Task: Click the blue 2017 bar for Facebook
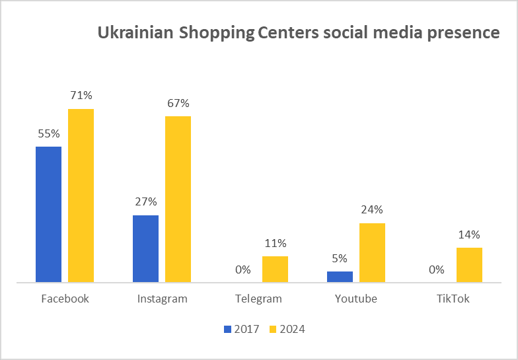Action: pyautogui.click(x=48, y=214)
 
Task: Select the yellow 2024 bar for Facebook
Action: pyautogui.click(x=81, y=196)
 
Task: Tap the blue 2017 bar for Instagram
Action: pyautogui.click(x=145, y=248)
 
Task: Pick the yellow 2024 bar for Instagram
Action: pyautogui.click(x=178, y=199)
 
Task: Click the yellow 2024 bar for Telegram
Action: pyautogui.click(x=275, y=269)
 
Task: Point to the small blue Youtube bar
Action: pyautogui.click(x=340, y=276)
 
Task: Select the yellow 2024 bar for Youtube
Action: pyautogui.click(x=372, y=252)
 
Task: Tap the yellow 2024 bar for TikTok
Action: pyautogui.click(x=469, y=265)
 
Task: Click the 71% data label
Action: pyautogui.click(x=81, y=96)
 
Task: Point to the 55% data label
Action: pyautogui.click(x=49, y=133)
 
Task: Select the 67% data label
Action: pyautogui.click(x=178, y=103)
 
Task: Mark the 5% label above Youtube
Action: pyautogui.click(x=340, y=258)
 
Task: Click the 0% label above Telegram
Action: pyautogui.click(x=243, y=270)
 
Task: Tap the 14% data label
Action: pyautogui.click(x=470, y=234)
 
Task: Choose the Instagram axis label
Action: pyautogui.click(x=162, y=299)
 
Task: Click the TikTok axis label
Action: pyautogui.click(x=453, y=299)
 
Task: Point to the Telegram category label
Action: pyautogui.click(x=258, y=299)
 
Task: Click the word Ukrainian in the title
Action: pyautogui.click(x=136, y=33)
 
